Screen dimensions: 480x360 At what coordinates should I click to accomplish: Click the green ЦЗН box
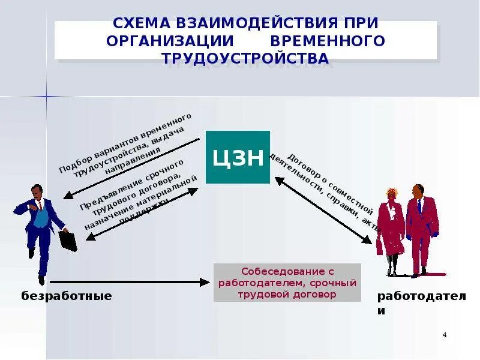[x=238, y=157]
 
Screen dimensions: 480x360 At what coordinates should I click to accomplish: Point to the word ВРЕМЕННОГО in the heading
[x=328, y=41]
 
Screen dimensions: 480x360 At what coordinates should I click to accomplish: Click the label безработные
[x=67, y=296]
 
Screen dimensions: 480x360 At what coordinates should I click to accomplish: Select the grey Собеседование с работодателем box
[x=287, y=283]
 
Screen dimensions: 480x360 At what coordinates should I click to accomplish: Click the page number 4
[x=444, y=335]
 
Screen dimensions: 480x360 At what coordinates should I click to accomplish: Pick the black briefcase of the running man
[x=68, y=240]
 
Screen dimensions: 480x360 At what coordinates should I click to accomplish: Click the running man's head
[x=37, y=192]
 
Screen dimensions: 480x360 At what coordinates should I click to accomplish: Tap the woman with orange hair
[x=390, y=228]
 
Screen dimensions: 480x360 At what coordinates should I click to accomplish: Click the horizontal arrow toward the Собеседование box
[x=129, y=281]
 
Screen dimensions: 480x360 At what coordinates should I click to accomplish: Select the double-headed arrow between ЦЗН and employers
[x=323, y=209]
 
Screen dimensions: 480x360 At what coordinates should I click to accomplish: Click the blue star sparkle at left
[x=46, y=95]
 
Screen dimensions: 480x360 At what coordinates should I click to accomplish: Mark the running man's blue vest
[x=41, y=217]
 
